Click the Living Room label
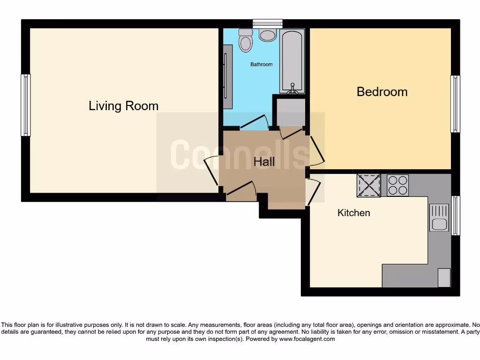[124, 106]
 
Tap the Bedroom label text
[382, 91]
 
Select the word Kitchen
[354, 213]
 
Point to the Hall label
[264, 162]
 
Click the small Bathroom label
[261, 64]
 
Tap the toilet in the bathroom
[245, 41]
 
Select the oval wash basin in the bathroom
[268, 35]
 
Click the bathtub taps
[292, 88]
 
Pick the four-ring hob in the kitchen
[398, 185]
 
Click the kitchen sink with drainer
[439, 218]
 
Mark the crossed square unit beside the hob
[369, 185]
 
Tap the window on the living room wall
[26, 105]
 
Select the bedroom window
[455, 104]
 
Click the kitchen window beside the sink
[455, 215]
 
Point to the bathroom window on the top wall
[268, 22]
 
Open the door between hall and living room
[211, 172]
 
